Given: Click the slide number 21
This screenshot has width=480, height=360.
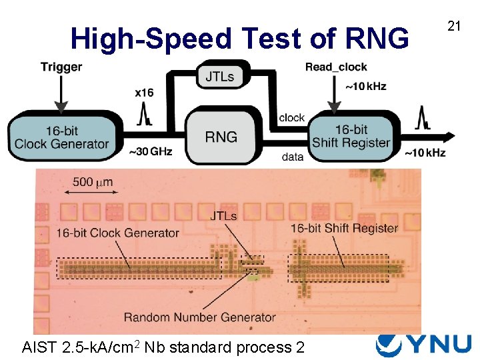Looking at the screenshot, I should (455, 26).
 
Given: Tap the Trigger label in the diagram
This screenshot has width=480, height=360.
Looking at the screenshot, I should (61, 67).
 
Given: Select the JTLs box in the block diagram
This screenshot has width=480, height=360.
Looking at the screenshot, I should (219, 76).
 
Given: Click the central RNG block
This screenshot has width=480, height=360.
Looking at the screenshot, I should (221, 137).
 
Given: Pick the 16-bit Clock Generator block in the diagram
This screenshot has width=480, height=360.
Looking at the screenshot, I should (61, 137).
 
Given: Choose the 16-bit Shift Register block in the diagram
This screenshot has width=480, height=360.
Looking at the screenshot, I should (351, 137).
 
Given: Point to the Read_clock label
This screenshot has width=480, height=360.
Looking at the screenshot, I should (336, 67).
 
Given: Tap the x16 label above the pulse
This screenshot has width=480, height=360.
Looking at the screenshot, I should (143, 92).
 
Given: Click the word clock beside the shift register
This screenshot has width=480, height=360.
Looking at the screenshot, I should (291, 118).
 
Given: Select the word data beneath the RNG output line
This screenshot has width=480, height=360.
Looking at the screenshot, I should (292, 157).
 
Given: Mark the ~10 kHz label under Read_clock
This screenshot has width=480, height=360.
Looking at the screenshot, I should (365, 87).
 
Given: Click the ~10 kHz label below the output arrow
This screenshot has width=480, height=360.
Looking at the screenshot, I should (425, 153).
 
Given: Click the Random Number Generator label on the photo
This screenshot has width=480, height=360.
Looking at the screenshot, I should (199, 317).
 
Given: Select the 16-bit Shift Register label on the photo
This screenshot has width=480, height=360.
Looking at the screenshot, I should (344, 228).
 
